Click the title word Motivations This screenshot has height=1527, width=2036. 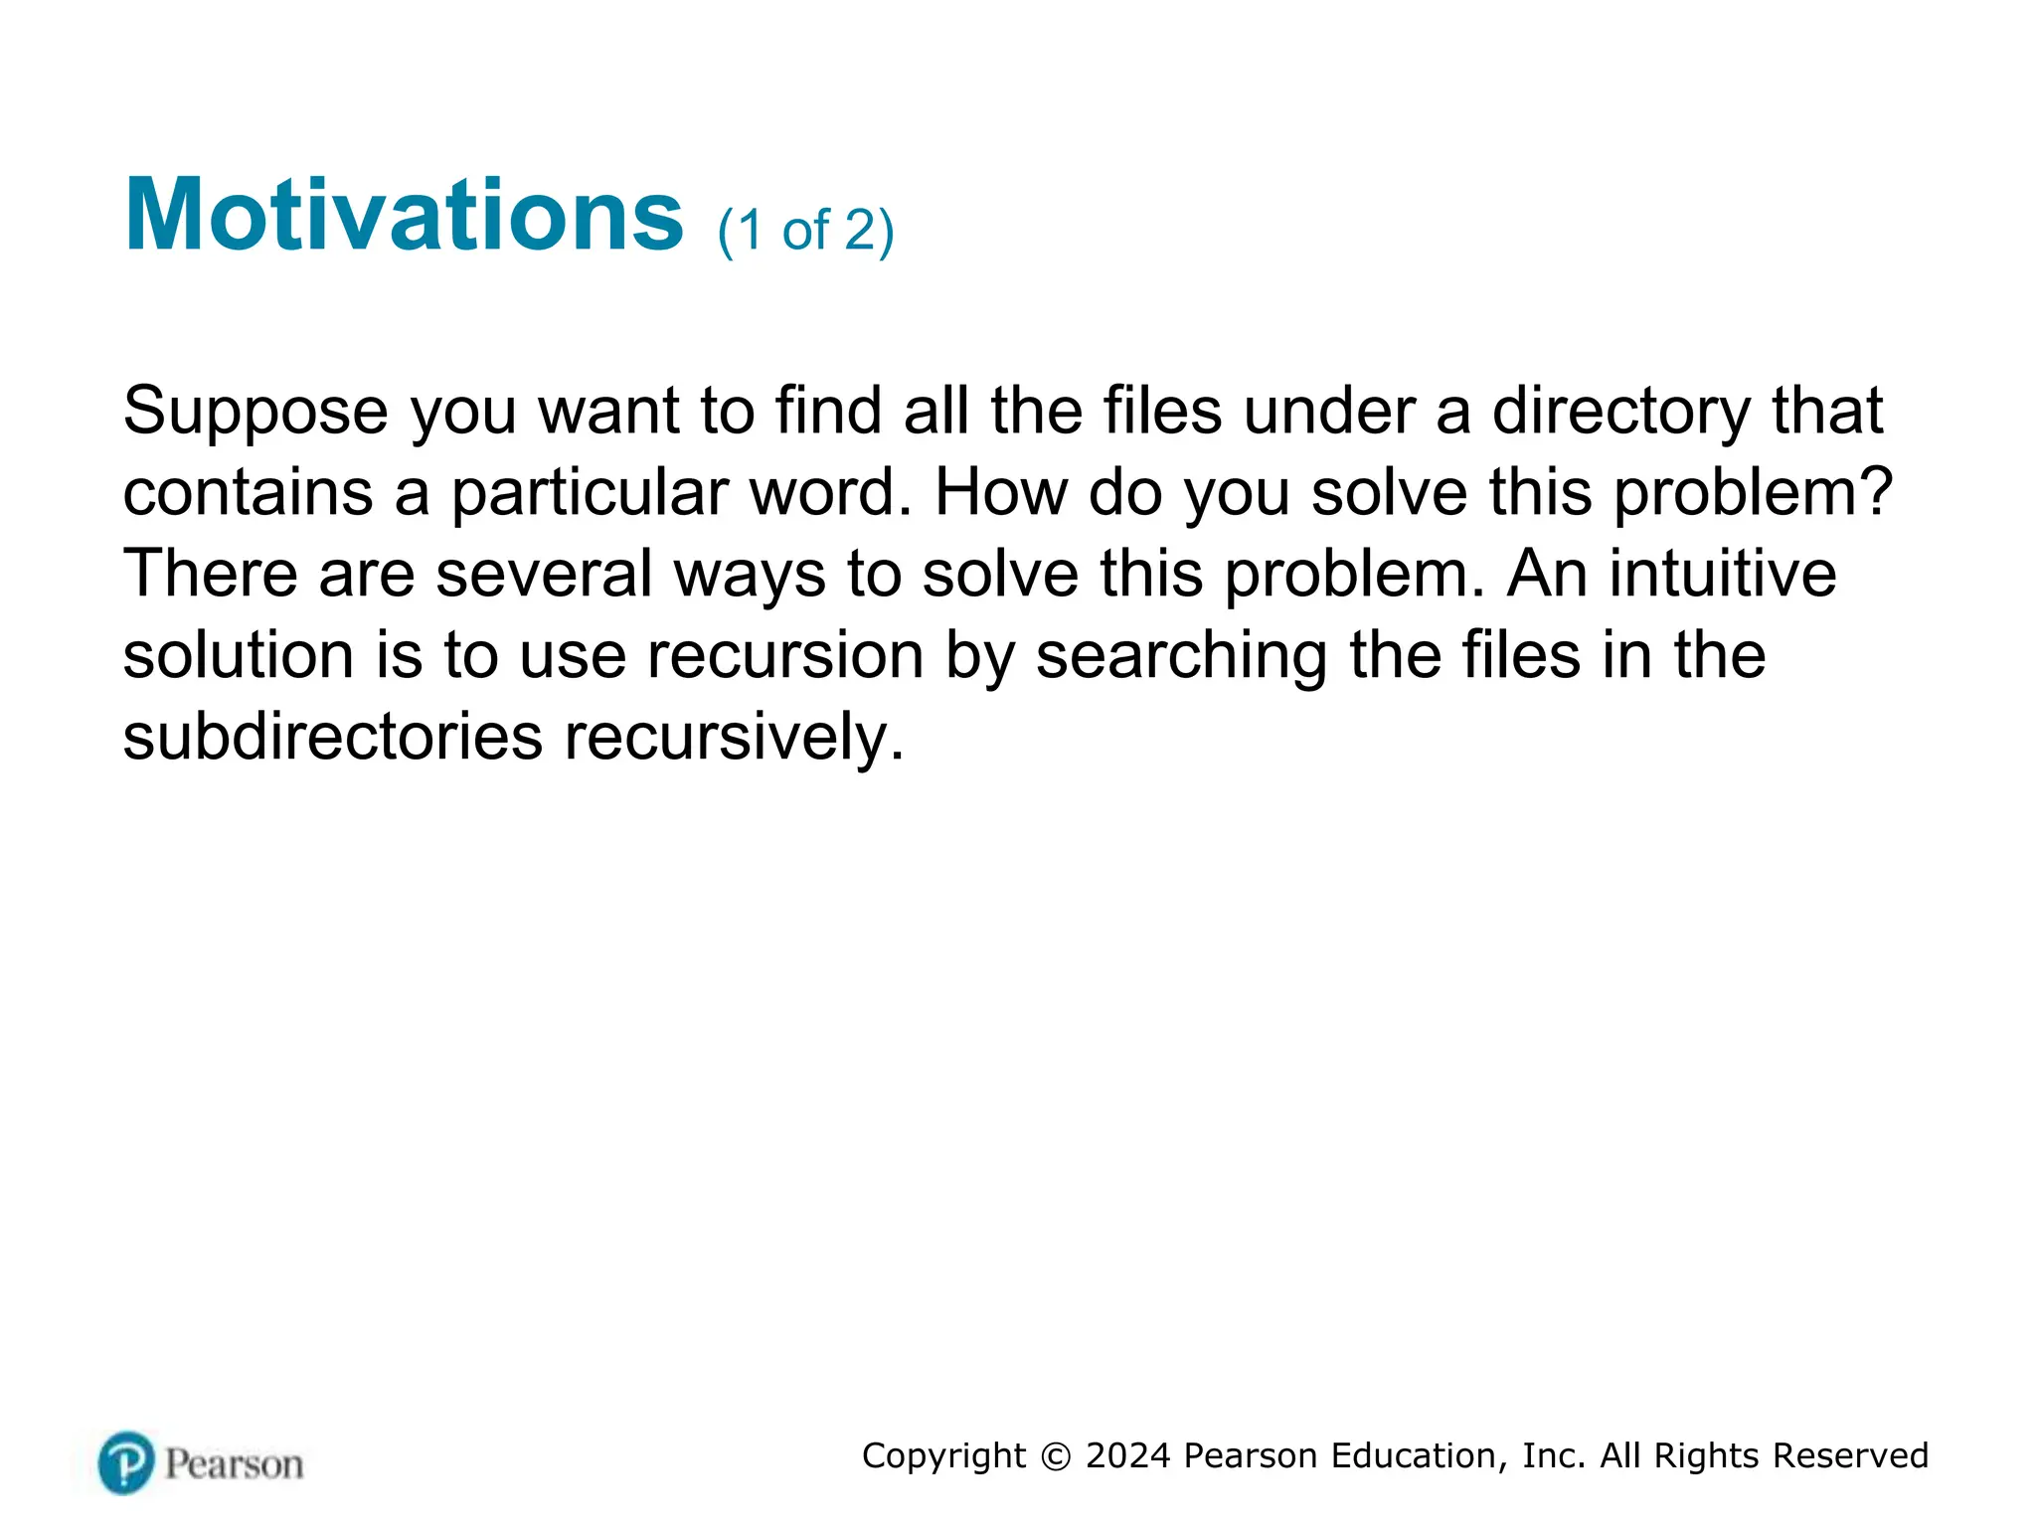pyautogui.click(x=404, y=216)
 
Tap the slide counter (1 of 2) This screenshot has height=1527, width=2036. pyautogui.click(x=805, y=232)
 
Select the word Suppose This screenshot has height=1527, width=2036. pyautogui.click(x=255, y=412)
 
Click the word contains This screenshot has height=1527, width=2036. pyautogui.click(x=248, y=492)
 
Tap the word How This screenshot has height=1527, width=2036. pyautogui.click(x=999, y=492)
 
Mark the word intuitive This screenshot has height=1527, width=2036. pyautogui.click(x=1722, y=574)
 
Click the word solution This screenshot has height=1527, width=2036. pyautogui.click(x=238, y=655)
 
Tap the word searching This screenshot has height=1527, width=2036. pyautogui.click(x=1181, y=657)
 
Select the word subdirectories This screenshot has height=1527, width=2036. pyautogui.click(x=332, y=737)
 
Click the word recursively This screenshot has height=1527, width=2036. pyautogui.click(x=734, y=739)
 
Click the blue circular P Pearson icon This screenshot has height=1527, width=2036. pyautogui.click(x=126, y=1462)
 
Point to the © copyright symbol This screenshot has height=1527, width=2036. pyautogui.click(x=1056, y=1456)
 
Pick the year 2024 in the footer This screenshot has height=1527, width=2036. pyautogui.click(x=1127, y=1455)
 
